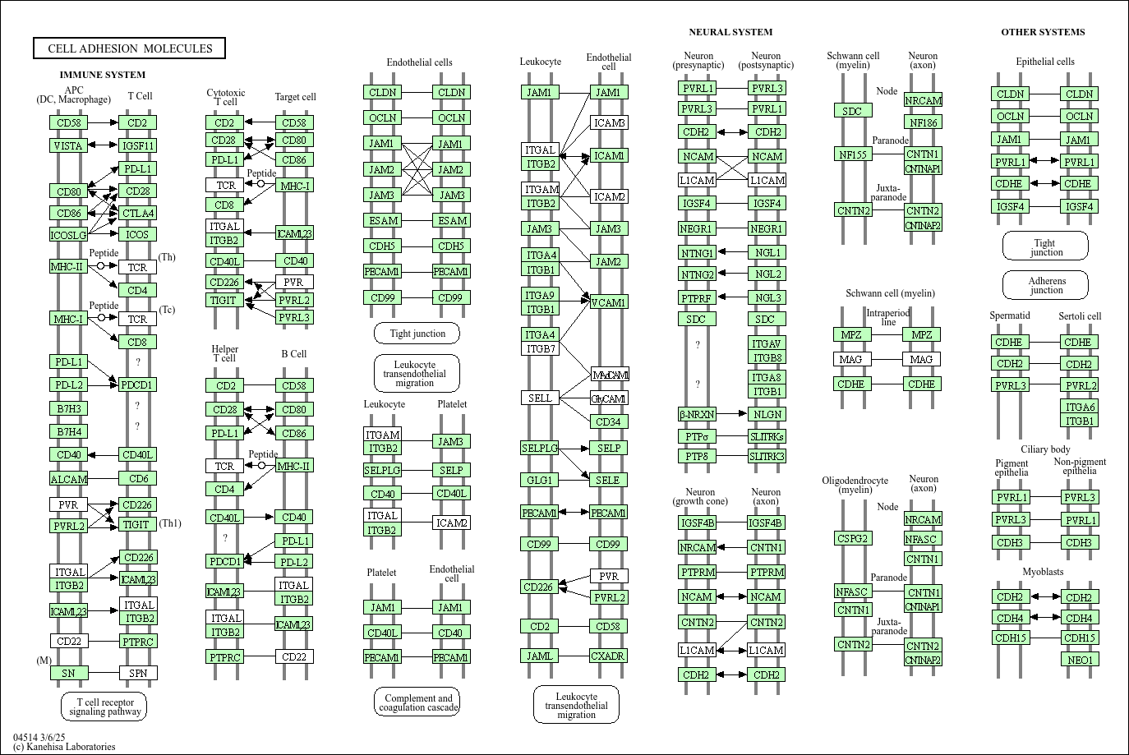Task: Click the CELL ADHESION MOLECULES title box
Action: [x=129, y=48]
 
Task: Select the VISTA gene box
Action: [x=68, y=145]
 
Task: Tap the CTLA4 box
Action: [x=137, y=213]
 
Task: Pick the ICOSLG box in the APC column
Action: [x=68, y=235]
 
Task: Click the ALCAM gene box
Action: [x=68, y=479]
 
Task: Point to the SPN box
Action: [x=137, y=673]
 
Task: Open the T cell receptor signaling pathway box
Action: [x=104, y=707]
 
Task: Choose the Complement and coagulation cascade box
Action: [x=417, y=702]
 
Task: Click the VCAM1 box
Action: [x=609, y=302]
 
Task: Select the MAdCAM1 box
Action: [x=610, y=375]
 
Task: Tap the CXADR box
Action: [x=609, y=656]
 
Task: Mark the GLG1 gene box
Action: [x=540, y=480]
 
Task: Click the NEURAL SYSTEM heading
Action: [x=730, y=32]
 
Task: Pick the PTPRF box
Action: [x=697, y=297]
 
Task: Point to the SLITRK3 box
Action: [x=767, y=456]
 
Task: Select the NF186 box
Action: [x=923, y=122]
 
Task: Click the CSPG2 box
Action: [x=853, y=538]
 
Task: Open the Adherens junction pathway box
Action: [x=1046, y=285]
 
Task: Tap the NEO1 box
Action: [x=1080, y=660]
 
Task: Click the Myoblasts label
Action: [x=1043, y=572]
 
